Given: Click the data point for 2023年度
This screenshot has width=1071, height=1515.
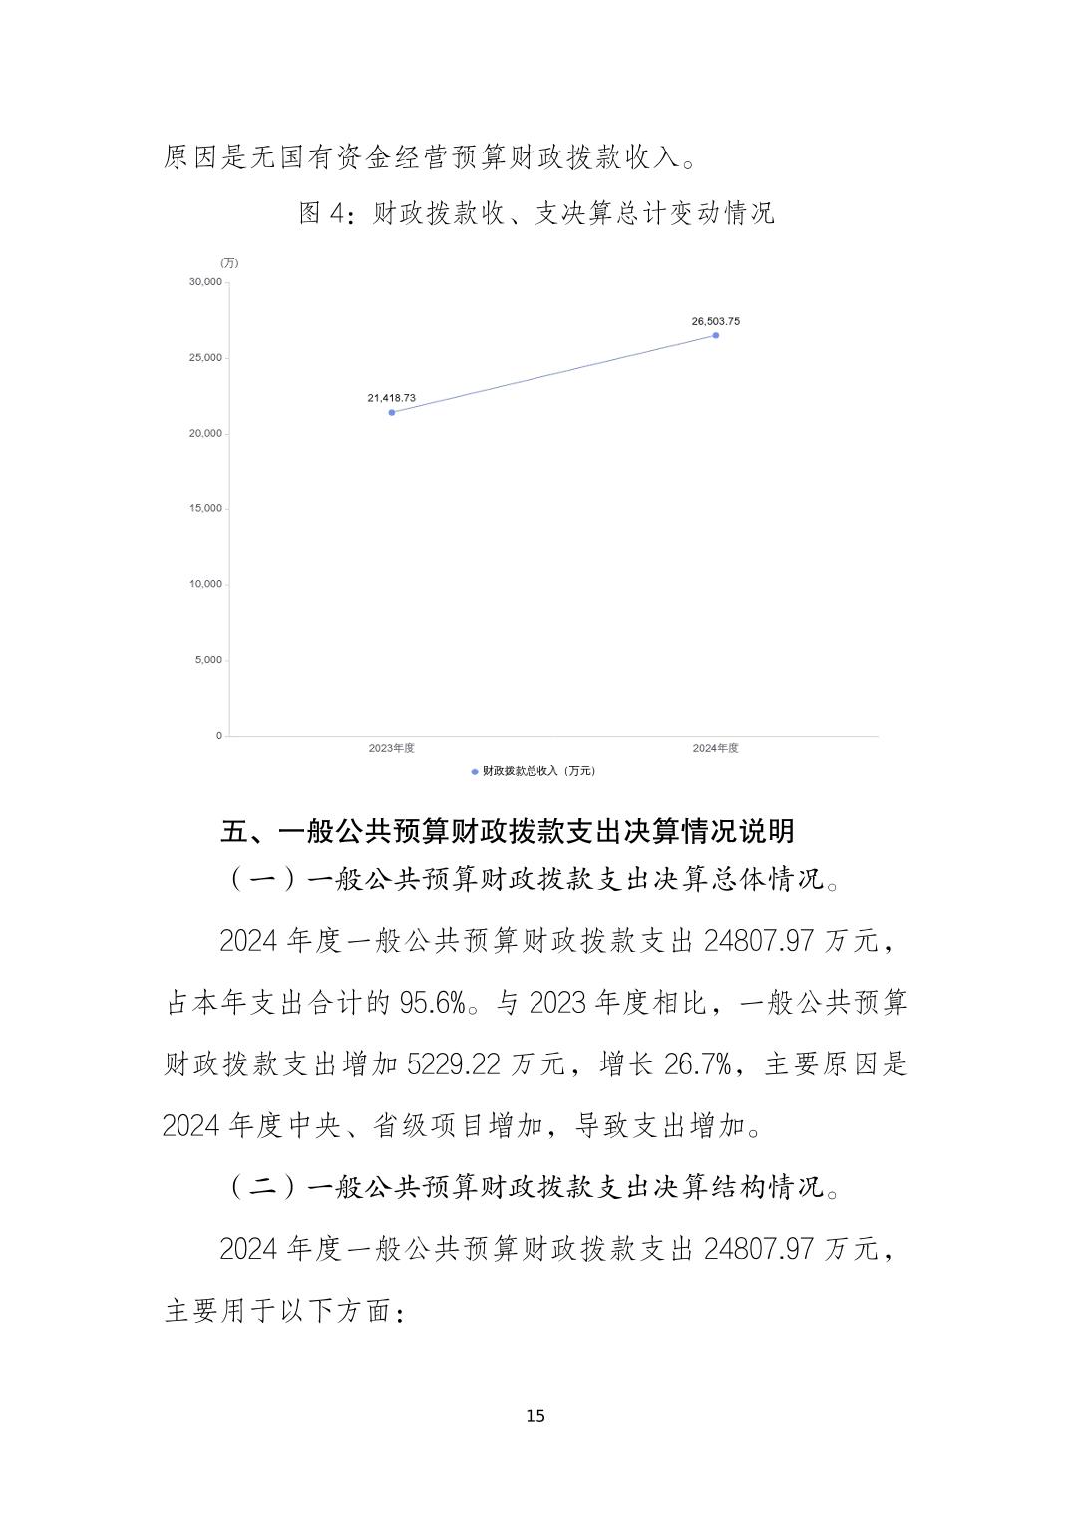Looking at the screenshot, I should tap(391, 412).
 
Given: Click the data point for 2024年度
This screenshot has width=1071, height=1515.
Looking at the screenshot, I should tap(715, 335).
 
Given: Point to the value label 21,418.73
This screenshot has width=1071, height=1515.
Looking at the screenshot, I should tap(391, 398).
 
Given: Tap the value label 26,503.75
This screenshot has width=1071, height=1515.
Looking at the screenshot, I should tap(715, 321).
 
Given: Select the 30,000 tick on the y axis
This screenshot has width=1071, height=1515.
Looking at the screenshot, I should tap(205, 282).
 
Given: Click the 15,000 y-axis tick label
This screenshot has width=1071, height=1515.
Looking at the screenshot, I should tap(205, 508).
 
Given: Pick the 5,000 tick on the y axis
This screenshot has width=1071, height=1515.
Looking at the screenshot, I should tap(208, 660).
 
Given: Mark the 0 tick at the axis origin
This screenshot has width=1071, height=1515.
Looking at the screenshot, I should tap(219, 735).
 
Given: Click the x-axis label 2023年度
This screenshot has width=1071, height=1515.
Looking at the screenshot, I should tap(391, 748).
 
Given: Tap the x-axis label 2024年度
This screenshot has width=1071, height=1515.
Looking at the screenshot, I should tap(715, 748).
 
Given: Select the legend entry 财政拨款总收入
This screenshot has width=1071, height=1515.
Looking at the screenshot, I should tap(535, 771).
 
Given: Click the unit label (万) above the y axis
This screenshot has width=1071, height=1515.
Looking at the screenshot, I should tap(229, 263).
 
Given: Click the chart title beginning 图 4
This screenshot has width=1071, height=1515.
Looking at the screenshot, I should tap(535, 213).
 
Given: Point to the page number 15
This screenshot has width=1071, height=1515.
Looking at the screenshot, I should tap(535, 1416).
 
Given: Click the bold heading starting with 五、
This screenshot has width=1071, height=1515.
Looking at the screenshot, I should tap(508, 831).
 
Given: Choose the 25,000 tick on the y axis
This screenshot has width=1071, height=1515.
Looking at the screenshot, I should tap(205, 358).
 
